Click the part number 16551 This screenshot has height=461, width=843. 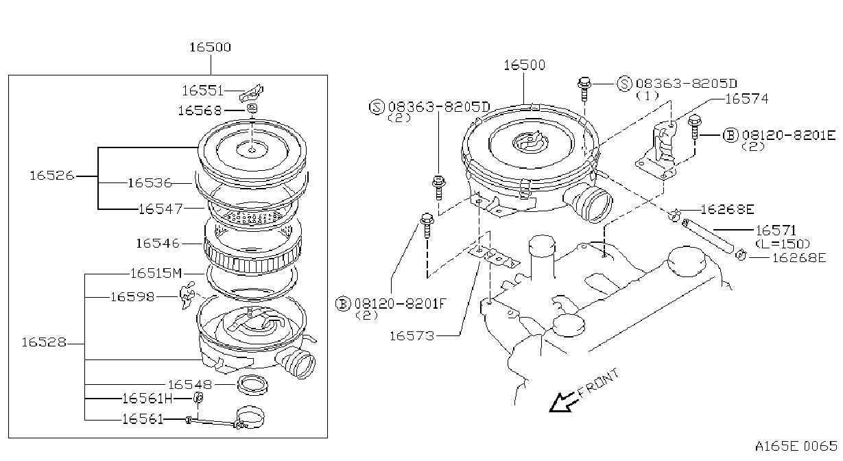tap(202, 91)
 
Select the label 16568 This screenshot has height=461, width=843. tap(200, 110)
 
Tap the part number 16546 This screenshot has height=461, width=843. tap(158, 244)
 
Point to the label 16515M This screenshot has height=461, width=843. tap(156, 273)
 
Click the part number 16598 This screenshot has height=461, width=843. tap(132, 297)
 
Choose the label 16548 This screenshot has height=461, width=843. tap(190, 385)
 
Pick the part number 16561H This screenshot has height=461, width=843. tap(147, 398)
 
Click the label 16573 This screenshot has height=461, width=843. tap(412, 335)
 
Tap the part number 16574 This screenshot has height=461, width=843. tap(747, 99)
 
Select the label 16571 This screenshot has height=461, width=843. tap(776, 230)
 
